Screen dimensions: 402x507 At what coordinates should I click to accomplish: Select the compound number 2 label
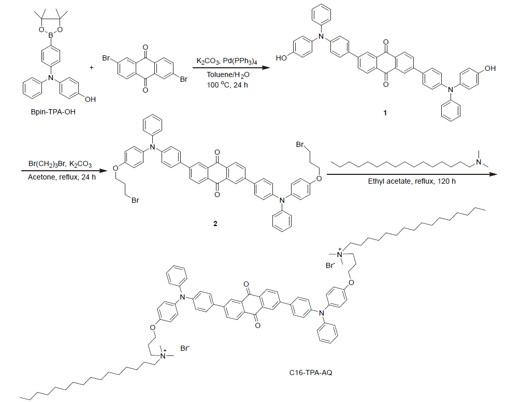(215, 224)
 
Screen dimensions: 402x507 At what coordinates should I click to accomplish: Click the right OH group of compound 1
(488, 68)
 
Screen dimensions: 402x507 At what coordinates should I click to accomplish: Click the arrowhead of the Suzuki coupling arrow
(266, 68)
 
